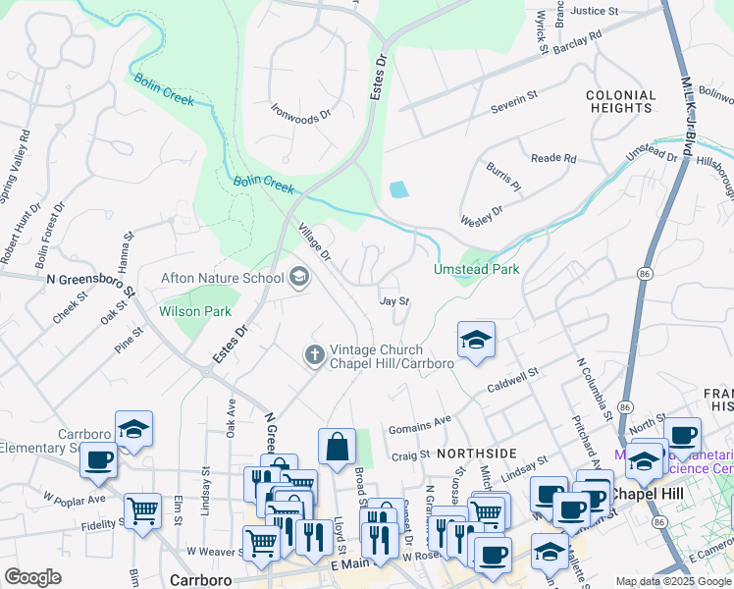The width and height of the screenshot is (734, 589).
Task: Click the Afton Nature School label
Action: pyautogui.click(x=222, y=279)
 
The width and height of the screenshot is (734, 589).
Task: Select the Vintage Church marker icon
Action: pyautogui.click(x=314, y=354)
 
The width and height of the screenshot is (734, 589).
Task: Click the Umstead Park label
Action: pyautogui.click(x=477, y=269)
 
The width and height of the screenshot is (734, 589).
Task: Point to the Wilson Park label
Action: pyautogui.click(x=195, y=311)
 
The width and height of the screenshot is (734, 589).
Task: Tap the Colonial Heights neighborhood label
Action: pyautogui.click(x=621, y=102)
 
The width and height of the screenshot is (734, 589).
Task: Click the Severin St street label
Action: pyautogui.click(x=516, y=97)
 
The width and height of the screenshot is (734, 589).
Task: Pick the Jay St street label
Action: pyautogui.click(x=393, y=302)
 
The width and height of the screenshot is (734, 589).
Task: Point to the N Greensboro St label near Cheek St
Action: pyautogui.click(x=89, y=279)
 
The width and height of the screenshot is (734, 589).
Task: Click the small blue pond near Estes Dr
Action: pyautogui.click(x=397, y=189)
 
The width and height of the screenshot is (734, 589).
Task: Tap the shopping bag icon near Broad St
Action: pyautogui.click(x=337, y=447)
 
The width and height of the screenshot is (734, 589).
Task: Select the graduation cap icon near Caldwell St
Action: pyautogui.click(x=476, y=341)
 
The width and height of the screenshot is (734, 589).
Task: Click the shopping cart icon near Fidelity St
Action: pyautogui.click(x=143, y=510)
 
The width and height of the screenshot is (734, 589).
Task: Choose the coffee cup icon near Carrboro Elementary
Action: pyautogui.click(x=98, y=460)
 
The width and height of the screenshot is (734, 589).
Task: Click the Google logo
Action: pyautogui.click(x=33, y=577)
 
